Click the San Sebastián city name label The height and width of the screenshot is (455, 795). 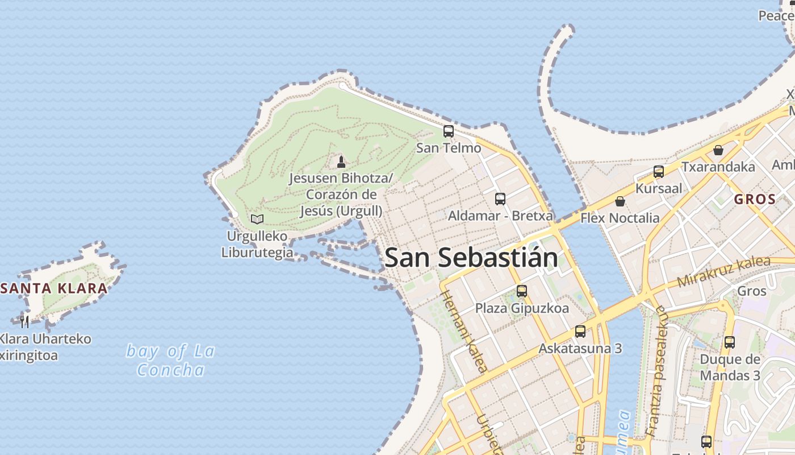[x=471, y=258]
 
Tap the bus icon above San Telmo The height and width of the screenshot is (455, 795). [x=449, y=131]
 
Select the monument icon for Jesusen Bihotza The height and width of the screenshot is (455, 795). [x=341, y=162]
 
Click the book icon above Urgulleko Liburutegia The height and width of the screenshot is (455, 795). [x=257, y=219]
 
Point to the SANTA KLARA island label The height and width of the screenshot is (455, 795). [x=55, y=288]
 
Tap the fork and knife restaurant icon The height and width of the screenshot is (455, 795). [x=24, y=322]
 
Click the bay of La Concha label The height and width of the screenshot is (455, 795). [x=170, y=361]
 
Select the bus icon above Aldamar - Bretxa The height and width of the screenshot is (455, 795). [x=500, y=199]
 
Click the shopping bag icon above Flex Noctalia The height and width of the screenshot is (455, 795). [x=620, y=201]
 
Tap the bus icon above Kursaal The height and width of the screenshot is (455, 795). [x=659, y=171]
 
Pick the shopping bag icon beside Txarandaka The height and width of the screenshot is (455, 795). [x=718, y=150]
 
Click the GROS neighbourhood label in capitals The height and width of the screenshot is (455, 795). [x=754, y=200]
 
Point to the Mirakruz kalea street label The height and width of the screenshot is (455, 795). [x=724, y=271]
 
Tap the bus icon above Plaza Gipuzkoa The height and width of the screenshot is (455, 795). [x=522, y=291]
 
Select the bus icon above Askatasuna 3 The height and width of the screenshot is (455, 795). [x=580, y=332]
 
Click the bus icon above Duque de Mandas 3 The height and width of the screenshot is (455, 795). [x=730, y=342]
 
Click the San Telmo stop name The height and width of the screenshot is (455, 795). [x=449, y=148]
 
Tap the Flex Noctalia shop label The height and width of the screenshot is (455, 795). [x=620, y=218]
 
